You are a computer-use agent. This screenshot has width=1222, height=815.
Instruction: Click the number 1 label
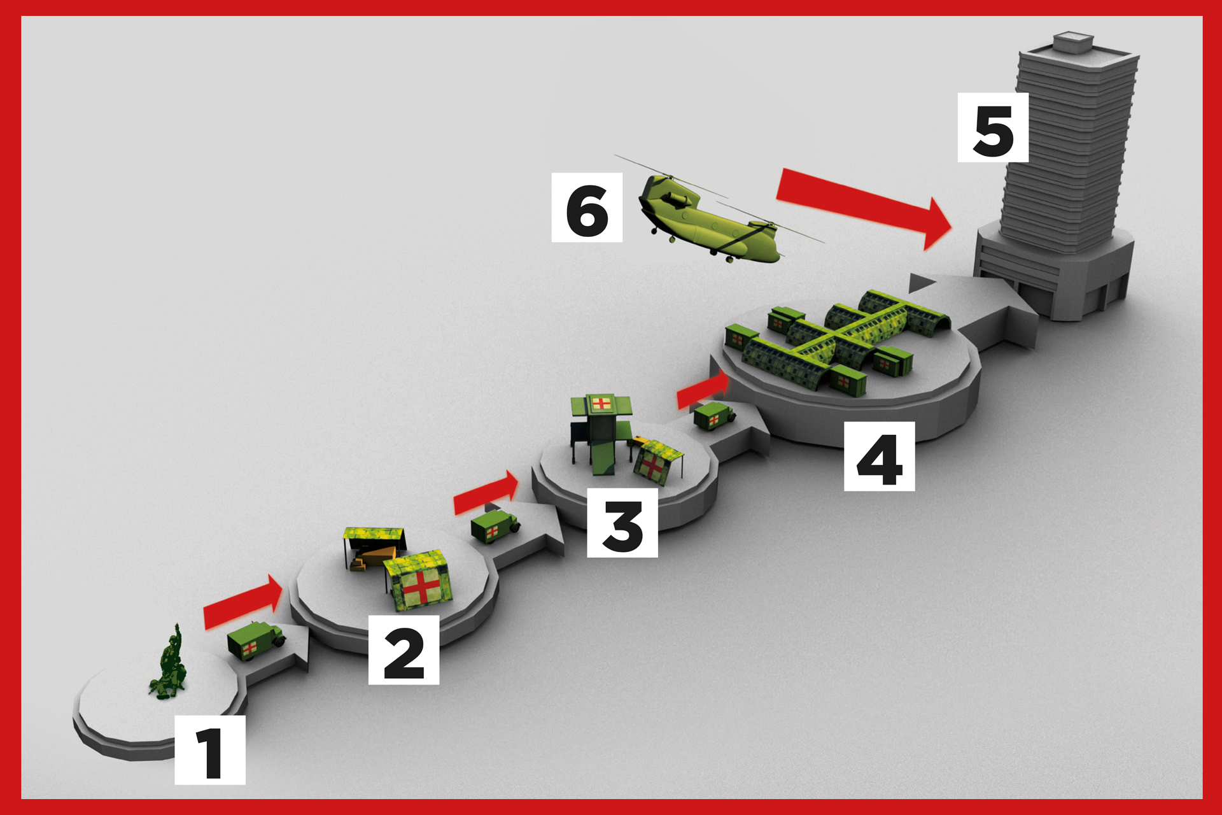click(x=210, y=749)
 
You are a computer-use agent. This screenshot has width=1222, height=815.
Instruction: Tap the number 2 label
click(x=404, y=650)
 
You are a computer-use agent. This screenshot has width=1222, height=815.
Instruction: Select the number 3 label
click(x=622, y=523)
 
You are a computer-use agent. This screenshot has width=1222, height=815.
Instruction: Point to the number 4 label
click(x=879, y=456)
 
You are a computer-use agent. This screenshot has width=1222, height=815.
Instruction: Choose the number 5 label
click(x=993, y=127)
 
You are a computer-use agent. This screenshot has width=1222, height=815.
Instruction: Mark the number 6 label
click(x=587, y=208)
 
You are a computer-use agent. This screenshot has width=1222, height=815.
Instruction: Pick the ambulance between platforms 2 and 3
click(x=495, y=525)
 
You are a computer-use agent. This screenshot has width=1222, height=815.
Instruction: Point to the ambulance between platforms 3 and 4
click(x=714, y=416)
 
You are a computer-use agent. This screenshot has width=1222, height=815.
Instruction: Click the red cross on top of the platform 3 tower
click(x=601, y=402)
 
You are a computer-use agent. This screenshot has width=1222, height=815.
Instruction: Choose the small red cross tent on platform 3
click(x=657, y=462)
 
